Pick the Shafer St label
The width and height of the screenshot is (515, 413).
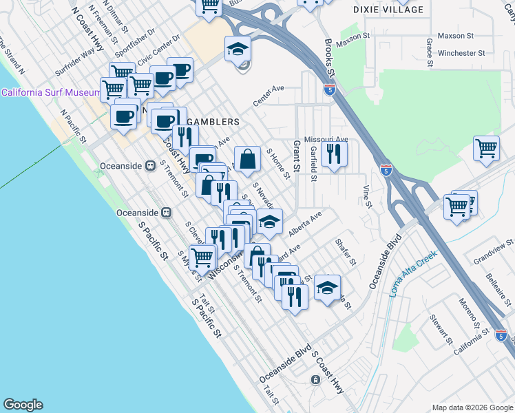tap(345, 252)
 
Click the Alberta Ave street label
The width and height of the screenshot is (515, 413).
tap(306, 222)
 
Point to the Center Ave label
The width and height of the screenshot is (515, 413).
tap(269, 96)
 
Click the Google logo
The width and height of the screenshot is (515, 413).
tap(23, 404)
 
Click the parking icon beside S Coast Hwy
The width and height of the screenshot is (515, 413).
tap(315, 379)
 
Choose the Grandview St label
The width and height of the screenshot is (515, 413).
tap(494, 253)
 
